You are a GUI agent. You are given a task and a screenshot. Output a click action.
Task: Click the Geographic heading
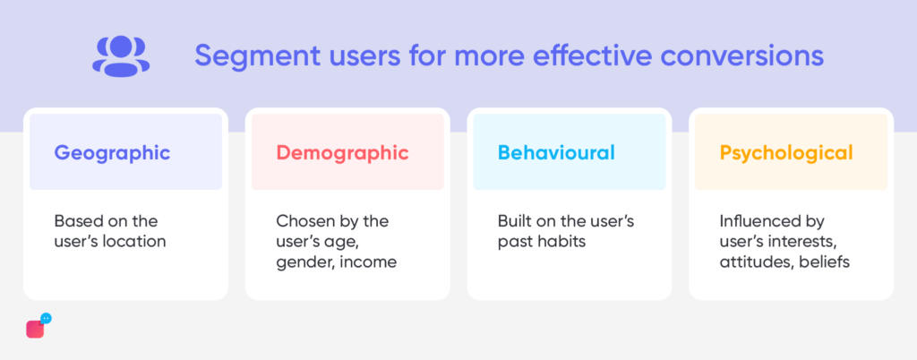tap(112, 153)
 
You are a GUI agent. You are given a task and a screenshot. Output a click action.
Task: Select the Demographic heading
tap(343, 153)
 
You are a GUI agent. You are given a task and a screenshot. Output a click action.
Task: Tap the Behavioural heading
tap(556, 152)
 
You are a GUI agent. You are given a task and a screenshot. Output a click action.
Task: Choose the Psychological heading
tap(786, 153)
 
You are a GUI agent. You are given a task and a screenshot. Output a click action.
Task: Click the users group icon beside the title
tap(121, 56)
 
